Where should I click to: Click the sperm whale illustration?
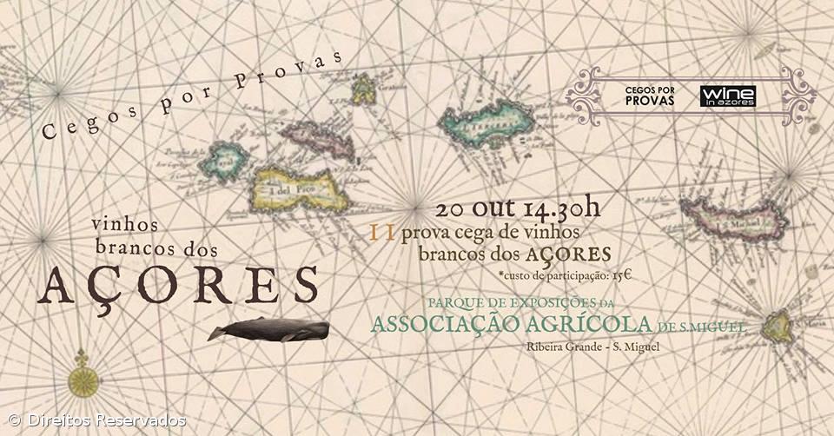click(269, 330)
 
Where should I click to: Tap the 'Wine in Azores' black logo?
click(727, 96)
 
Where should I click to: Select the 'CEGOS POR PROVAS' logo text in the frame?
click(650, 96)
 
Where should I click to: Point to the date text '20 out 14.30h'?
click(519, 209)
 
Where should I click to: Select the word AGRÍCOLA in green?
click(591, 325)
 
